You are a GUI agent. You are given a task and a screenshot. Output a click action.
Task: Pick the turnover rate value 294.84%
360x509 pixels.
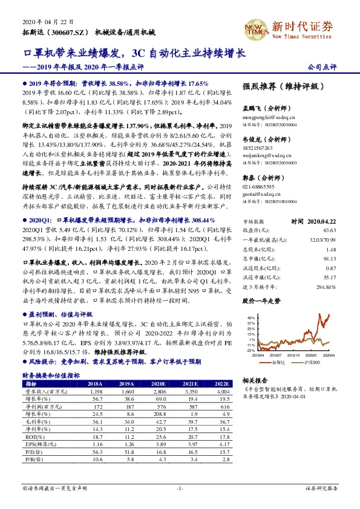click(326, 285)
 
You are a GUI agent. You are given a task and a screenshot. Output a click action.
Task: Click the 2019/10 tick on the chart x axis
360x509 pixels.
click(295, 355)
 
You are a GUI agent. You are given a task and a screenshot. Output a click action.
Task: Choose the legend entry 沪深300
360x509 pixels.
click(309, 361)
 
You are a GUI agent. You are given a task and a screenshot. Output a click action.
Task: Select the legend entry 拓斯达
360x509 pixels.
click(278, 361)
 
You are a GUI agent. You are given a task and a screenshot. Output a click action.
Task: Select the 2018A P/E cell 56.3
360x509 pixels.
click(95, 451)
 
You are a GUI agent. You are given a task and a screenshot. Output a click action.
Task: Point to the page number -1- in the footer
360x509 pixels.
click(179, 488)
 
